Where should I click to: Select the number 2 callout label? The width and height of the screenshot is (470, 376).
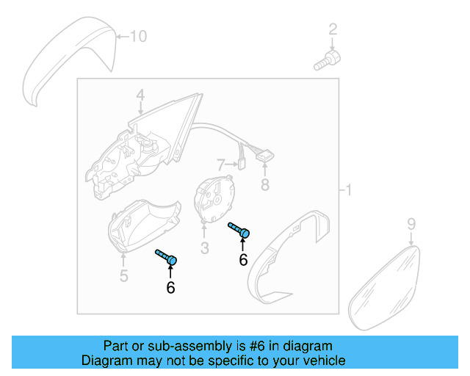click(333, 29)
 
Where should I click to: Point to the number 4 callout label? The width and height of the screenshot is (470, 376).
click(140, 95)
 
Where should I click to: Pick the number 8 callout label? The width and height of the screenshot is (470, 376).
click(266, 184)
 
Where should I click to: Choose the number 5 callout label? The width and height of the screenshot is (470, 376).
click(124, 275)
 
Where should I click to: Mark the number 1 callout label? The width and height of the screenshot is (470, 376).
click(349, 191)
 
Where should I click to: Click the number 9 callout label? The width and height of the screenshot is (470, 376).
click(411, 223)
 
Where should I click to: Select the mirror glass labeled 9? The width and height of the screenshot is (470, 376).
click(386, 286)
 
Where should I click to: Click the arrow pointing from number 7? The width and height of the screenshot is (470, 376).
click(231, 164)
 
